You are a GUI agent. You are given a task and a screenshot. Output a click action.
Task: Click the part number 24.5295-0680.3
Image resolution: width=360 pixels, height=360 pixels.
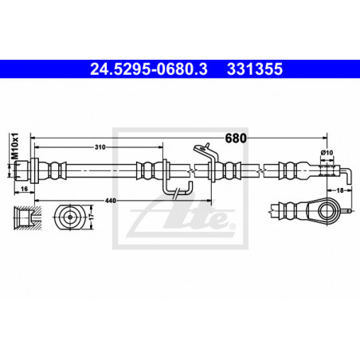point(149,69)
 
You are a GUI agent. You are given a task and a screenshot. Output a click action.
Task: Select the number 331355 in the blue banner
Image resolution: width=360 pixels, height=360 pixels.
point(255,69)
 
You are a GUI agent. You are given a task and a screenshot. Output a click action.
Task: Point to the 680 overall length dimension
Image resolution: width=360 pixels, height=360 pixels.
point(236,138)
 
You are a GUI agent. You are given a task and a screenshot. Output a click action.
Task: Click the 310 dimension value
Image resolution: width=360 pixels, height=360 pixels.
point(100,147)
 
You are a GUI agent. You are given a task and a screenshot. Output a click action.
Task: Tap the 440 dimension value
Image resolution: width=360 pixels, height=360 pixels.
point(111,201)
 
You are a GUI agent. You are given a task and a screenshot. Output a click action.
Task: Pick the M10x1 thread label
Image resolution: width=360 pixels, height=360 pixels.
point(16,146)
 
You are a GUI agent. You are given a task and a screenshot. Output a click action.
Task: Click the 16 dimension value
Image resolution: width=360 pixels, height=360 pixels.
point(24,189)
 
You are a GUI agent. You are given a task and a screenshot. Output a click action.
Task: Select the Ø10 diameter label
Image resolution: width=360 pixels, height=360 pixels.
point(327,153)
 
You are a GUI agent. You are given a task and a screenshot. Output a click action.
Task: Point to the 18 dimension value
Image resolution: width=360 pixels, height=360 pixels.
point(340,190)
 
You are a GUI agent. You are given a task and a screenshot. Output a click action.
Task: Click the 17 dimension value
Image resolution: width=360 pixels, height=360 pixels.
point(92,217)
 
